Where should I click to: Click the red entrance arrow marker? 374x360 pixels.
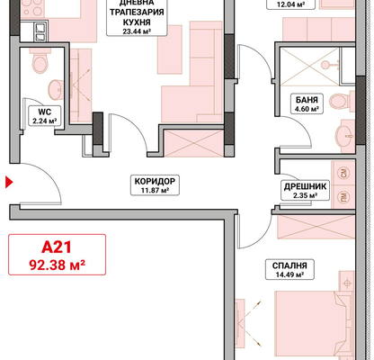[9, 182]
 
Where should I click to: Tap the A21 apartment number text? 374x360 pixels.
[57, 247]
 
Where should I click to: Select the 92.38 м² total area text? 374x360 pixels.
[57, 265]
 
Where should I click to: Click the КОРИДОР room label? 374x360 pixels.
[155, 181]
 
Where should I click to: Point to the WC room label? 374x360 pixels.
[44, 112]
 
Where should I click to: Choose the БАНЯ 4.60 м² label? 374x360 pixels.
[307, 103]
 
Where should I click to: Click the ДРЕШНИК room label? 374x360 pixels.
[305, 186]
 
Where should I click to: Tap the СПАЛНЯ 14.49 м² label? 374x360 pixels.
[289, 269]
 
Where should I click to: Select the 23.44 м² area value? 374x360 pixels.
[137, 31]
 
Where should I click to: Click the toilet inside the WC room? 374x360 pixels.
[39, 61]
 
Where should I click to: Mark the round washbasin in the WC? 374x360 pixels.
[56, 90]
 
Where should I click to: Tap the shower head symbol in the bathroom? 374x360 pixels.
[327, 65]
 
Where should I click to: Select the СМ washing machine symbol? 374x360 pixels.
[343, 173]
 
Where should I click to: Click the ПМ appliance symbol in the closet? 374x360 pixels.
[343, 197]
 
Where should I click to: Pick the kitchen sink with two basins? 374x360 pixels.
[40, 32]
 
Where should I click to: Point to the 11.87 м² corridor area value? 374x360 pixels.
[155, 190]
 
